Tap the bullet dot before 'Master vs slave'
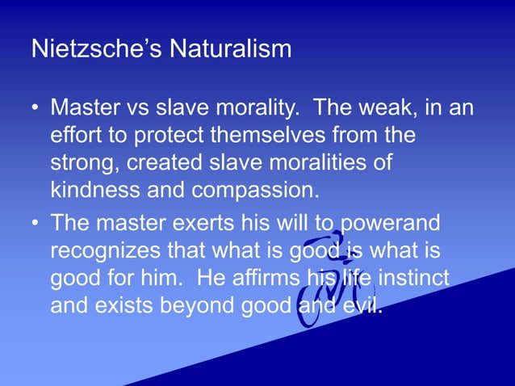click(36, 108)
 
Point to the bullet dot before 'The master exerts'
click(36, 224)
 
